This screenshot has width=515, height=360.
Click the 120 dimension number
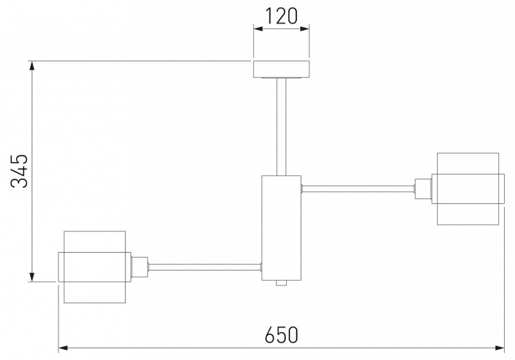281,16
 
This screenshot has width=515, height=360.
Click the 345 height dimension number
19,171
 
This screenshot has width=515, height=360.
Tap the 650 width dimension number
281,334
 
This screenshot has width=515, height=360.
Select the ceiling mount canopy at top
281,69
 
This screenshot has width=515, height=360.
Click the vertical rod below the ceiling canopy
281,127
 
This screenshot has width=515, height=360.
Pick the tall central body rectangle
281,228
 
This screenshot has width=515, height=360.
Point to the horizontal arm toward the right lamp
358,188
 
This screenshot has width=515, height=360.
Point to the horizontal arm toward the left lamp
205,267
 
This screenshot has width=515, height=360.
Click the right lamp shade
468,188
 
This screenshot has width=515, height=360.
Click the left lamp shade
95,267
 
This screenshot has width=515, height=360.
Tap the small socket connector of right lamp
423,188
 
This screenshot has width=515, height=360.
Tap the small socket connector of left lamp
140,267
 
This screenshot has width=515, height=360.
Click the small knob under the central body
281,283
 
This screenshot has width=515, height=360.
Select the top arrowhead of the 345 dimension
32,65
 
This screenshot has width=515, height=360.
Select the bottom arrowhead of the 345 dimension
32,277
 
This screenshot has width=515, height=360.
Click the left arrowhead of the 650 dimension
63,347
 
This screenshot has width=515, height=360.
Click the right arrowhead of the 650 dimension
499,347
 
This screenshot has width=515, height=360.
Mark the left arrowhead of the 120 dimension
258,29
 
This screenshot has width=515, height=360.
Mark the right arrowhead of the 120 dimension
304,29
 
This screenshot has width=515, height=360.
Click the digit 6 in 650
270,334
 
